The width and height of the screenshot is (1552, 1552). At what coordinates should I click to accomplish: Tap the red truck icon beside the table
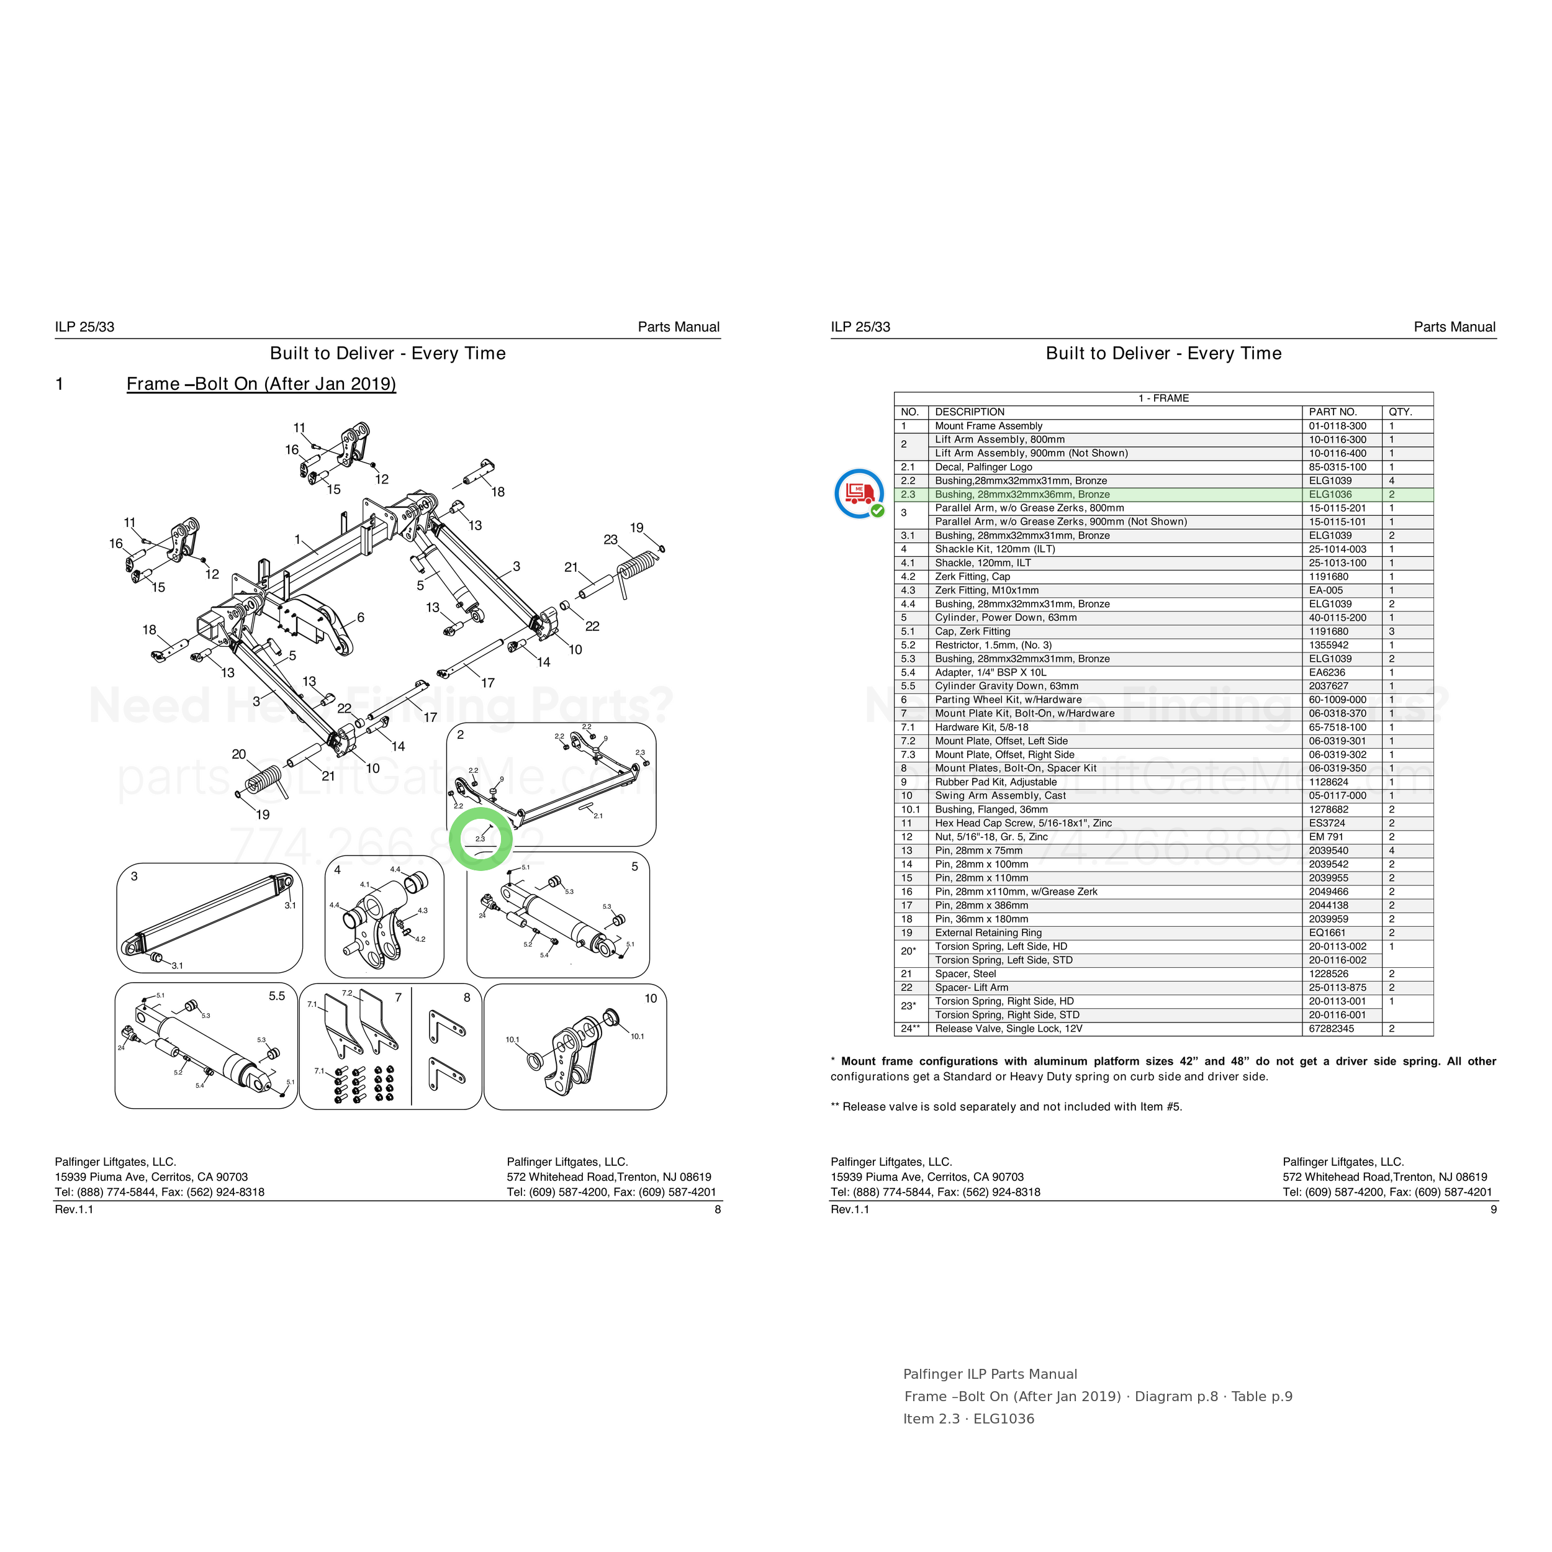pyautogui.click(x=859, y=492)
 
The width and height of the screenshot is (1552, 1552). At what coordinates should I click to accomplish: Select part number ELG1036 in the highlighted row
pyautogui.click(x=1330, y=495)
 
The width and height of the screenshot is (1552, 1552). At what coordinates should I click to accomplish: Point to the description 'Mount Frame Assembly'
pyautogui.click(x=988, y=426)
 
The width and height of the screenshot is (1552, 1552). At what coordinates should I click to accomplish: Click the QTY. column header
pyautogui.click(x=1399, y=412)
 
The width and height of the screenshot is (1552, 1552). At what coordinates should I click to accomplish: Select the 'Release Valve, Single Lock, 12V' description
pyautogui.click(x=1008, y=1028)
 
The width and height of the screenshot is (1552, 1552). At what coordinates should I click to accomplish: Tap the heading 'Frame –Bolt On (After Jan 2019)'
pyautogui.click(x=261, y=384)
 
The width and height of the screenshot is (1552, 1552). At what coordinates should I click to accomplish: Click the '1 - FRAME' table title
pyautogui.click(x=1163, y=399)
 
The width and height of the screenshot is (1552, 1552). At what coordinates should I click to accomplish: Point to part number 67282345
pyautogui.click(x=1331, y=1028)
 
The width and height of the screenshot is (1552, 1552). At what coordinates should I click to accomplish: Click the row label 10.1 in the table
pyautogui.click(x=910, y=810)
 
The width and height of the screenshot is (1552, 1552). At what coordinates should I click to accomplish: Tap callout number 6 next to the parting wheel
pyautogui.click(x=361, y=617)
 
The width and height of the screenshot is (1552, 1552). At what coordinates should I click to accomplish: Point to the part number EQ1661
pyautogui.click(x=1327, y=932)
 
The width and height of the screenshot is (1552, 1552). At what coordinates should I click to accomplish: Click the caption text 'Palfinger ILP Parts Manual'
pyautogui.click(x=990, y=1374)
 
